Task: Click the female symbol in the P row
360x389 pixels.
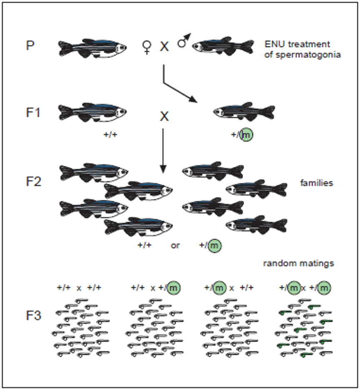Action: tap(146, 47)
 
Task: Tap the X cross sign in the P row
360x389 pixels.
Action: tap(164, 46)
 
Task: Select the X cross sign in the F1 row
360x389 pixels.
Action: tap(164, 116)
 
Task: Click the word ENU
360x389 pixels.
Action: tap(273, 44)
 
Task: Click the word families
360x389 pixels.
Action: tap(316, 183)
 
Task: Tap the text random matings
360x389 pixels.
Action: tap(298, 263)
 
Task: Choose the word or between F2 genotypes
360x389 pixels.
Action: tap(175, 245)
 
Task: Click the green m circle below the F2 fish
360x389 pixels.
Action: tap(215, 245)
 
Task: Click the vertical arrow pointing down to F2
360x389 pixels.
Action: tap(163, 150)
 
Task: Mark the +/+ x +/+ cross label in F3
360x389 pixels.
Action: tap(79, 287)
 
